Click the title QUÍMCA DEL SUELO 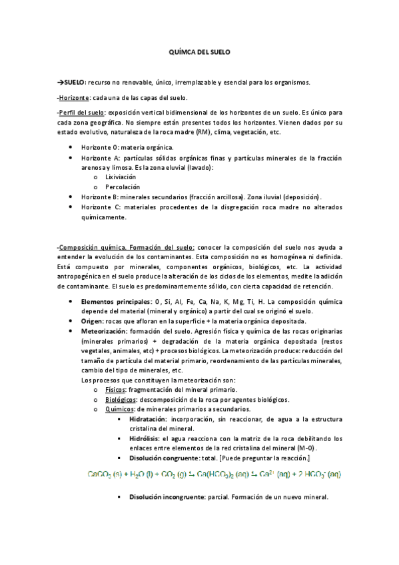tap(199, 51)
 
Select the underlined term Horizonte tap(73, 98)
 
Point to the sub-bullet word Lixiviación tap(120, 178)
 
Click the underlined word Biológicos tap(121, 399)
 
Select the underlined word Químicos tap(120, 408)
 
